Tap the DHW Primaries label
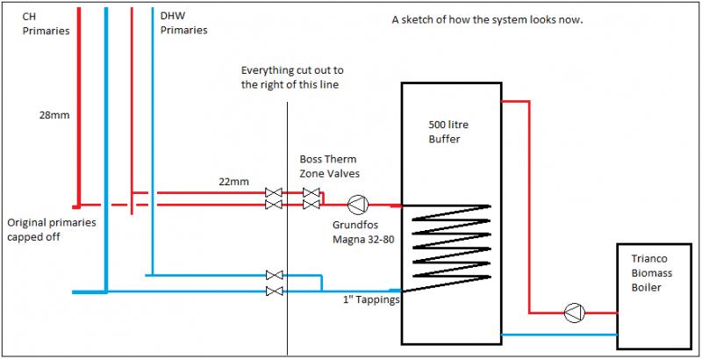click(184, 23)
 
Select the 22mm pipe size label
click(233, 182)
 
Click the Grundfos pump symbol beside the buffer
click(357, 205)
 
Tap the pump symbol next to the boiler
click(573, 312)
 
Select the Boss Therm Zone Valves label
click(330, 167)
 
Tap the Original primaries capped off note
click(51, 230)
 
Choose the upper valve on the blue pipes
click(274, 275)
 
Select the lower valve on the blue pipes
click(274, 291)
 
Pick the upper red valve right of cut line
click(310, 191)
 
